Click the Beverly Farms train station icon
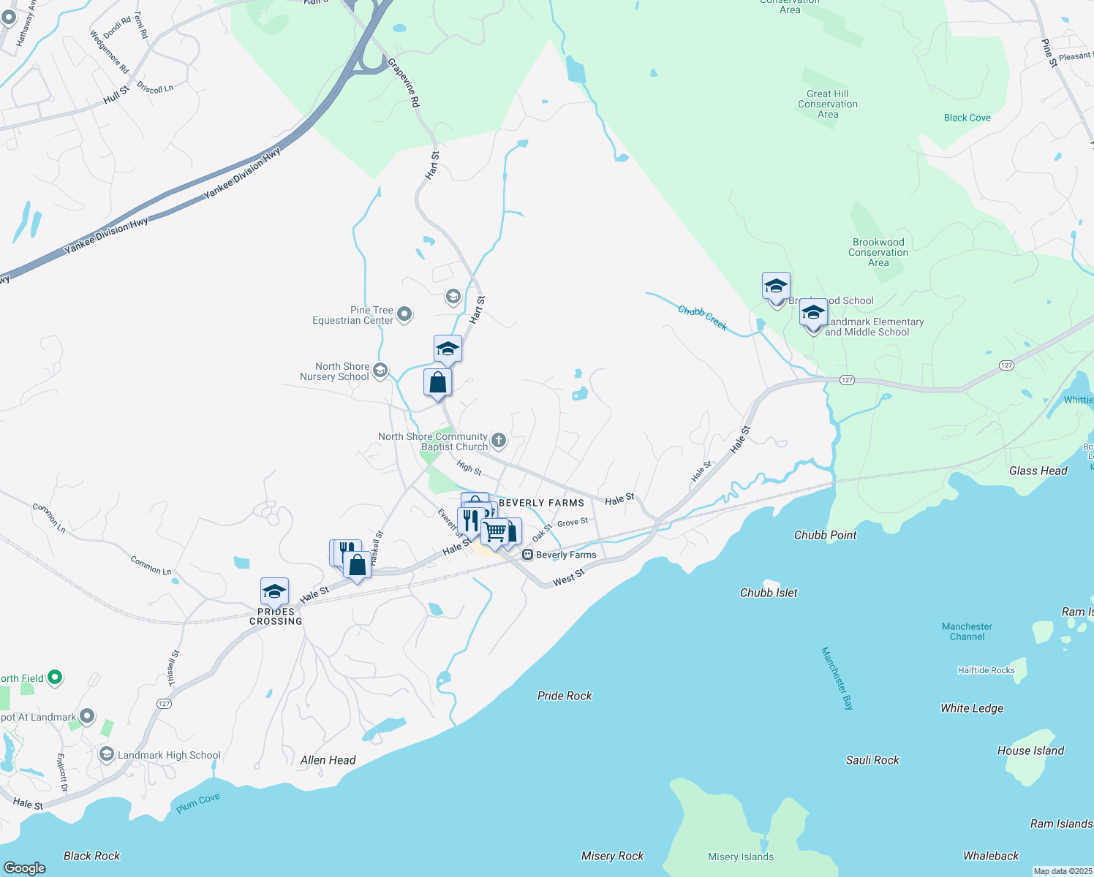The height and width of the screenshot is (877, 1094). (527, 555)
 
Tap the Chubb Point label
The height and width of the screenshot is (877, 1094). (825, 535)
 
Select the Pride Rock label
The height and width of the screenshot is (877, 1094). (565, 696)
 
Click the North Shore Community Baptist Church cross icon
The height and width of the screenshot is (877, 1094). (499, 440)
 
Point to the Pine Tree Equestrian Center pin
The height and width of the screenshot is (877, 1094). (404, 315)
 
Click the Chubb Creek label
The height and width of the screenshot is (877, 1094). (703, 318)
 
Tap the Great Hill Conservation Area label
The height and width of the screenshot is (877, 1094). (828, 104)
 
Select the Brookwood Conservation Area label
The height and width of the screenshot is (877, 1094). (878, 252)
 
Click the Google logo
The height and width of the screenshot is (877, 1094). (24, 867)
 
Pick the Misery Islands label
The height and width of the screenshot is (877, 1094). (740, 857)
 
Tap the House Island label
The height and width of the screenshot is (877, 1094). (1030, 751)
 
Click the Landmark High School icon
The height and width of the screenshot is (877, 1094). (107, 754)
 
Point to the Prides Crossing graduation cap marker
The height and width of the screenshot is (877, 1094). (274, 591)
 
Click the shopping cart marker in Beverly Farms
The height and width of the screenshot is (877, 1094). (495, 531)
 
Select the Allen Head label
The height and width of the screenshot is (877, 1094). (328, 760)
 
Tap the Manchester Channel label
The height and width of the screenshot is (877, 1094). (967, 631)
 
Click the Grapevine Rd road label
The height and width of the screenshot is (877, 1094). (404, 83)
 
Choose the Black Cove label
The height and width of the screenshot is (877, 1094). (967, 118)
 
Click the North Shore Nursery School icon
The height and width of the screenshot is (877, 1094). (380, 371)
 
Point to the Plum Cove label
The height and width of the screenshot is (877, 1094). (197, 802)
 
